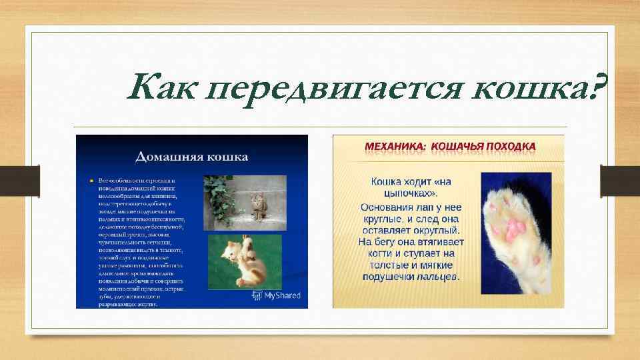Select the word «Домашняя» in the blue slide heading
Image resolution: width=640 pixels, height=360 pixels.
(166, 157)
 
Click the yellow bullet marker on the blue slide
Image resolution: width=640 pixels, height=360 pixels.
(91, 181)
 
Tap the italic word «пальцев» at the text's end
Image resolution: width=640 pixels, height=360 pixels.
(438, 277)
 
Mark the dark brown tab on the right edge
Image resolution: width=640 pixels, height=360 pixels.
(609, 180)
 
